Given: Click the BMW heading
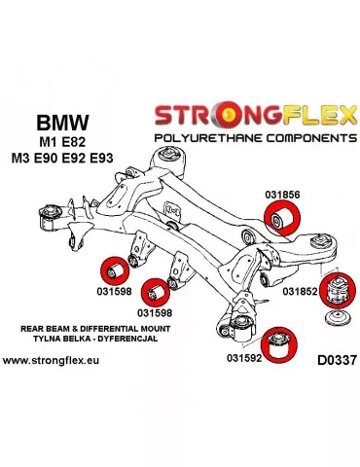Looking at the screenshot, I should point(60,124).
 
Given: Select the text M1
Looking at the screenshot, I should point(47,144).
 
